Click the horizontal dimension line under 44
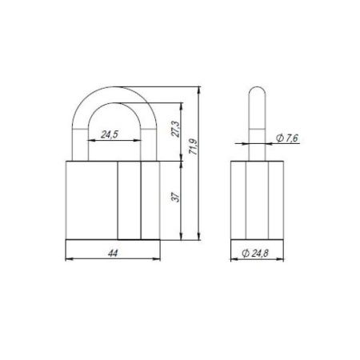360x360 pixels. coord(112,259)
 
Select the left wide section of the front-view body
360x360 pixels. coord(90,199)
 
